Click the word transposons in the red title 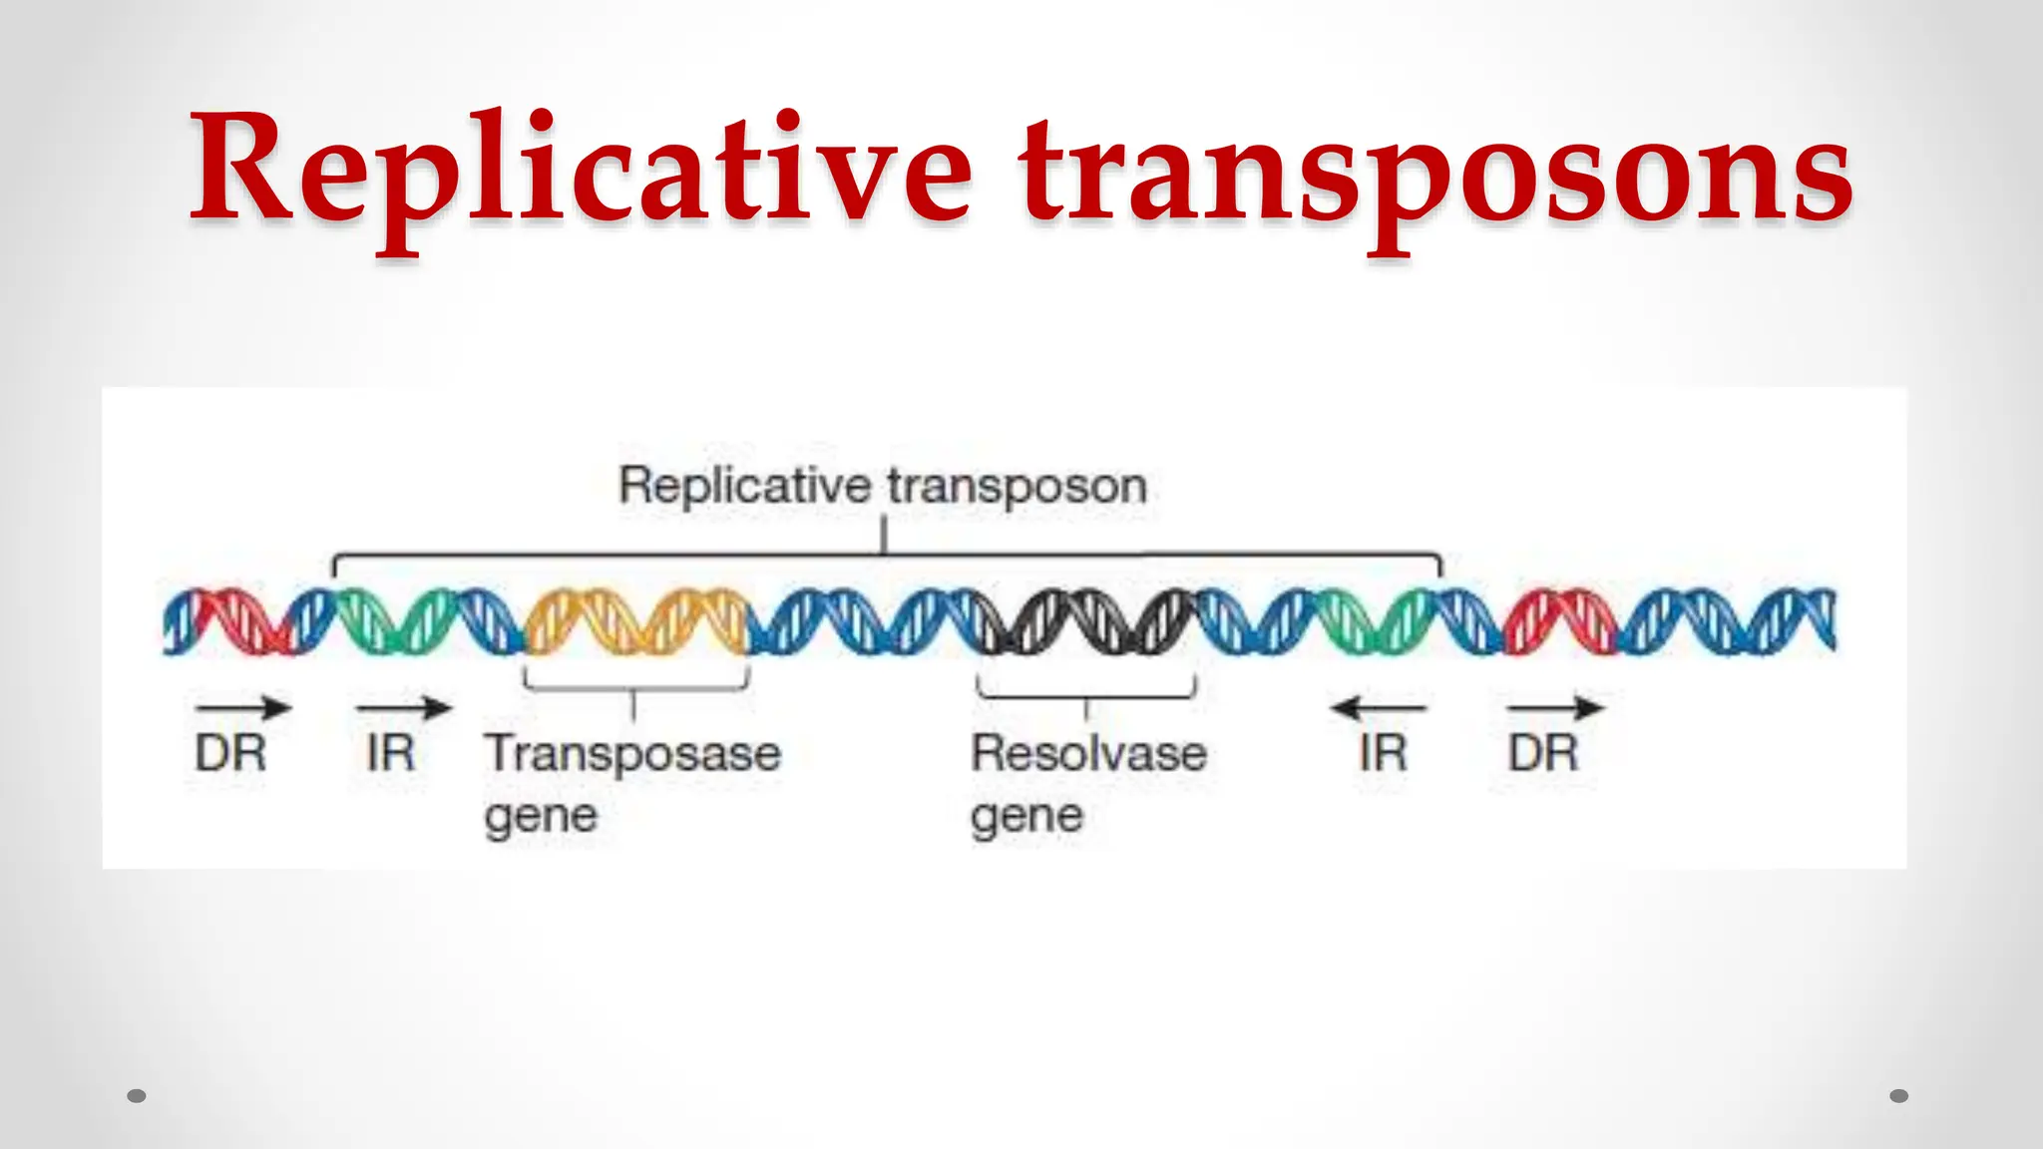point(1436,175)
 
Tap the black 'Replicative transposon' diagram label point(883,487)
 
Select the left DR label point(230,753)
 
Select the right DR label point(1543,753)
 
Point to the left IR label point(390,753)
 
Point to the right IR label point(1383,753)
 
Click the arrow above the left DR point(243,708)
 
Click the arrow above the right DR point(1555,708)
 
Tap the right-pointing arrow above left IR point(404,708)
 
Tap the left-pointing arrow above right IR point(1379,708)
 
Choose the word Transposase point(632,753)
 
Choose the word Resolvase point(1088,753)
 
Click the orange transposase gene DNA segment point(636,621)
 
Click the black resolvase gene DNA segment point(1085,621)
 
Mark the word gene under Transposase point(541,817)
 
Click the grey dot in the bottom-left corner point(137,1096)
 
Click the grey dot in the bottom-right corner point(1899,1096)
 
